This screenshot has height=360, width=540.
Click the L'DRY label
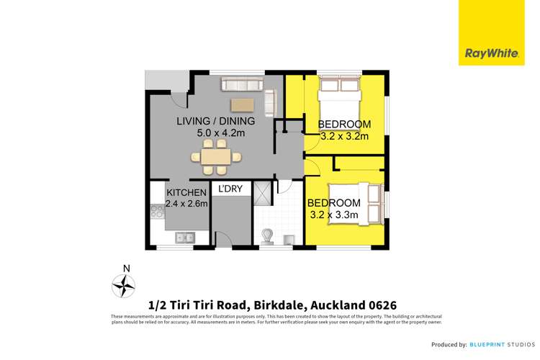coord(230,189)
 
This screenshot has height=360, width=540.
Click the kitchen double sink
coord(182,236)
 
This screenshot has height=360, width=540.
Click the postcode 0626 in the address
coord(380,305)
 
